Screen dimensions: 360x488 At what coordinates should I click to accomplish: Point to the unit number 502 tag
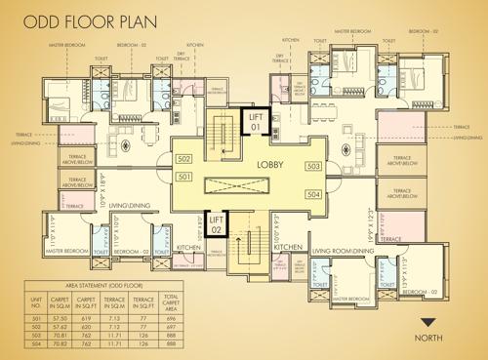tap(183, 158)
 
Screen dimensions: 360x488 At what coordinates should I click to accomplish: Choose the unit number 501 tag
tap(183, 176)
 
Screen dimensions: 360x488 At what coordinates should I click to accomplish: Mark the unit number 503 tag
tap(312, 167)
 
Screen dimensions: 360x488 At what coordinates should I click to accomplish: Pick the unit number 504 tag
tap(312, 195)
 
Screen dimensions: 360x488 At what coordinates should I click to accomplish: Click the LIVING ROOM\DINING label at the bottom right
tap(343, 251)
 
